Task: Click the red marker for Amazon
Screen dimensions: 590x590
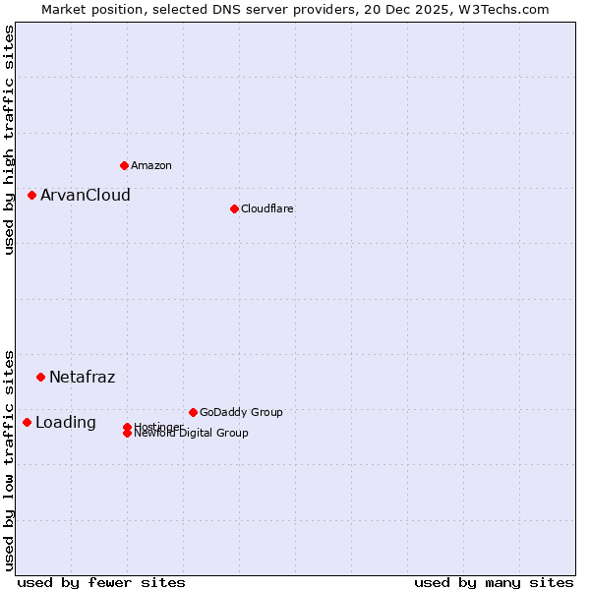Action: (124, 165)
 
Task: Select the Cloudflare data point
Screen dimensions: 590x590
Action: (234, 208)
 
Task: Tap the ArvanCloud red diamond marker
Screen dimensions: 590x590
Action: (31, 195)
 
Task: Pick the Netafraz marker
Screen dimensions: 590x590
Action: (40, 377)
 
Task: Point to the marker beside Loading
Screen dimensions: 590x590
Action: (27, 422)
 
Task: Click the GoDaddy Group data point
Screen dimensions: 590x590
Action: (193, 412)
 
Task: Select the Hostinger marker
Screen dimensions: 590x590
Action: (127, 427)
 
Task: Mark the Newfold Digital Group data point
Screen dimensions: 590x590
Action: (127, 434)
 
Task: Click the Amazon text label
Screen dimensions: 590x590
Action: (151, 165)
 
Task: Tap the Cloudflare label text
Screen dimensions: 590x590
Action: (267, 208)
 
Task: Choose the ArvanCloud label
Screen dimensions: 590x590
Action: (86, 195)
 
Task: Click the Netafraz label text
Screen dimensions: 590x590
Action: (83, 377)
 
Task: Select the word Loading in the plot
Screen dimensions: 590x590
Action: (66, 422)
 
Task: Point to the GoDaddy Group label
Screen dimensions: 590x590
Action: (241, 412)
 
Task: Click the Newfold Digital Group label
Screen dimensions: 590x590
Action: (192, 434)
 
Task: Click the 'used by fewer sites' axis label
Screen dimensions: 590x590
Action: (101, 582)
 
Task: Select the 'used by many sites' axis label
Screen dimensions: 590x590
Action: (494, 582)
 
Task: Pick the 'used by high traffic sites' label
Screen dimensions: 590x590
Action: (9, 140)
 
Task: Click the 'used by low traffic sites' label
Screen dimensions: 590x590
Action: (9, 459)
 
